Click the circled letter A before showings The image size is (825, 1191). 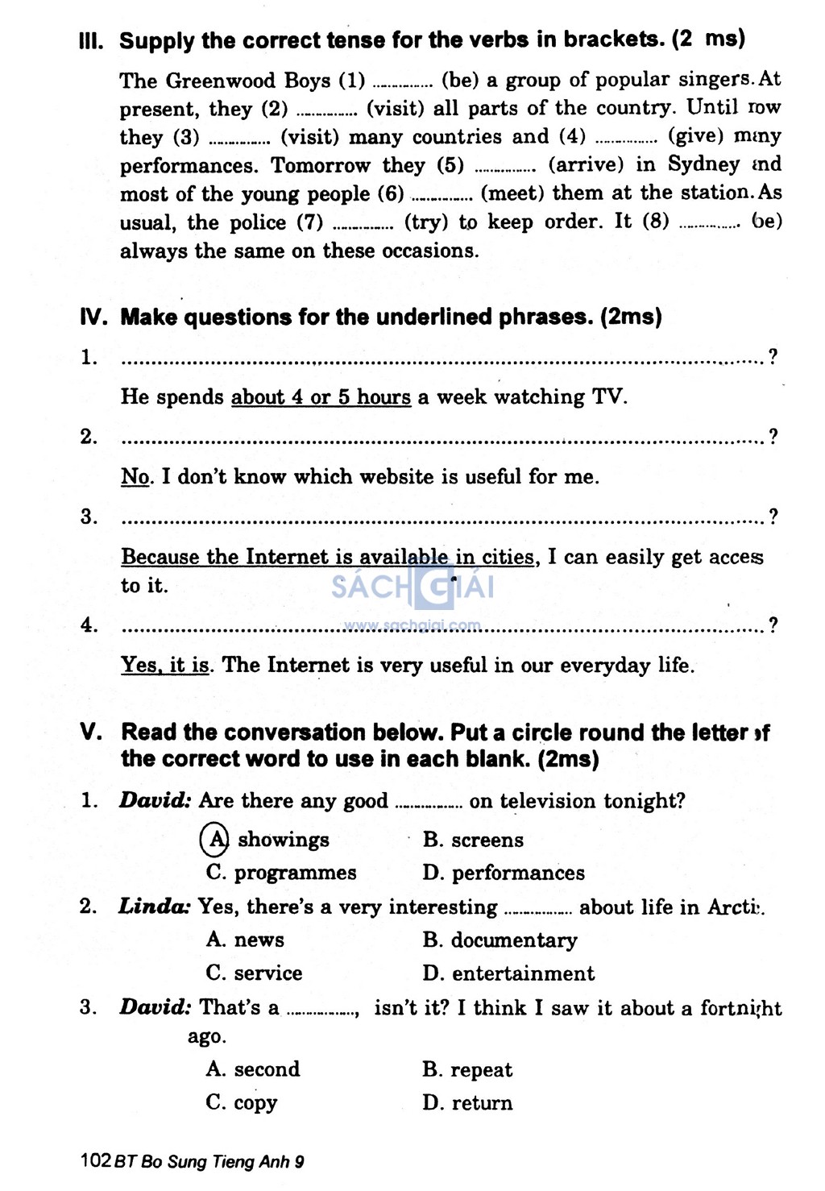[215, 840]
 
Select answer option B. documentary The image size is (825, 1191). [500, 940]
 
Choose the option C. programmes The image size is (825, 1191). [281, 873]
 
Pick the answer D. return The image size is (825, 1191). [467, 1102]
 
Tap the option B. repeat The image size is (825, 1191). [467, 1070]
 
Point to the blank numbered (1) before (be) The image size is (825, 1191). [404, 82]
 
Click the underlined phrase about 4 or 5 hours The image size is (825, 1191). [321, 397]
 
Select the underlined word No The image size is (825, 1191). [136, 477]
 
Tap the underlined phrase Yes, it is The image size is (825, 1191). [165, 666]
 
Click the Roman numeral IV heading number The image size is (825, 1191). [93, 317]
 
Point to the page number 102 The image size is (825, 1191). [96, 1161]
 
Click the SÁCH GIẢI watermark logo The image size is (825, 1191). [412, 587]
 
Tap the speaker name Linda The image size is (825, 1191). [154, 907]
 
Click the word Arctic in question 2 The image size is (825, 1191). [735, 907]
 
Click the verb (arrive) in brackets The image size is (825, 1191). [586, 164]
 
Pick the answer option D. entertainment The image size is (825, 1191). [508, 973]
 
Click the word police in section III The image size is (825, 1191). [259, 222]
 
